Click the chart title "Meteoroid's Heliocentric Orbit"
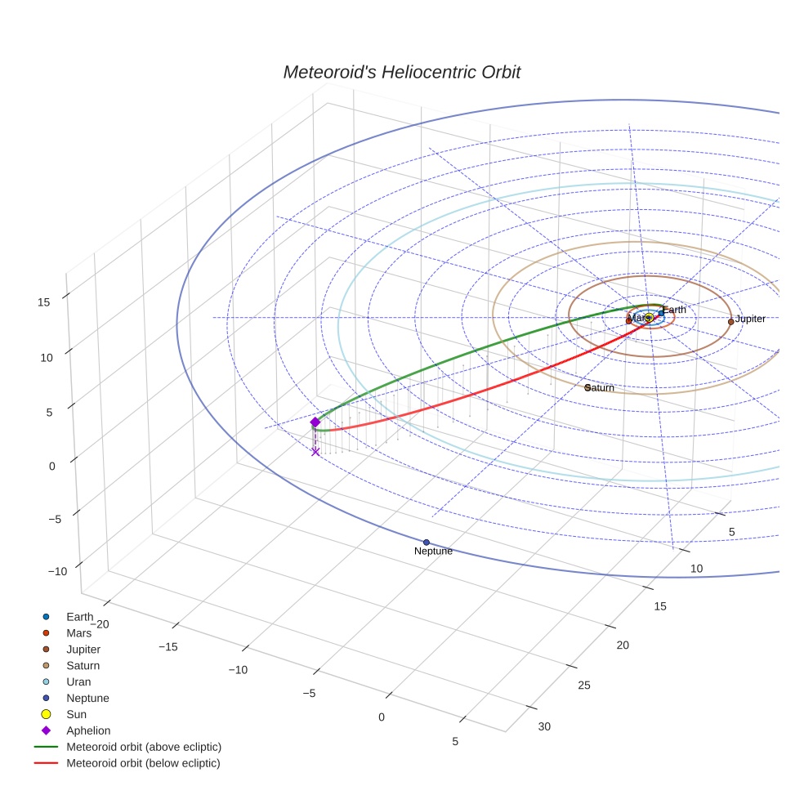tap(401, 73)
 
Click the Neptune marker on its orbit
tap(427, 543)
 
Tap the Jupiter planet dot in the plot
tap(730, 322)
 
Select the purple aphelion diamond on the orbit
tap(315, 422)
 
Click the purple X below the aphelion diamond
tap(315, 451)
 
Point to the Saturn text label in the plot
tap(601, 388)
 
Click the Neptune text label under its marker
tap(433, 552)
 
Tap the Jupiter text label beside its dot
tap(750, 319)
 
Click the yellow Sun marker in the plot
tap(648, 318)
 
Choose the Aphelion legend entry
tap(88, 730)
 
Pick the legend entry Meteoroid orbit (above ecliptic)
tap(144, 747)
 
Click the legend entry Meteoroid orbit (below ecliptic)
tap(143, 763)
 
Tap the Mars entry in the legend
tap(78, 632)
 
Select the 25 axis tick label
tap(584, 685)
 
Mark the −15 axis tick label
tap(167, 646)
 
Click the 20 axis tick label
tap(623, 645)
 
